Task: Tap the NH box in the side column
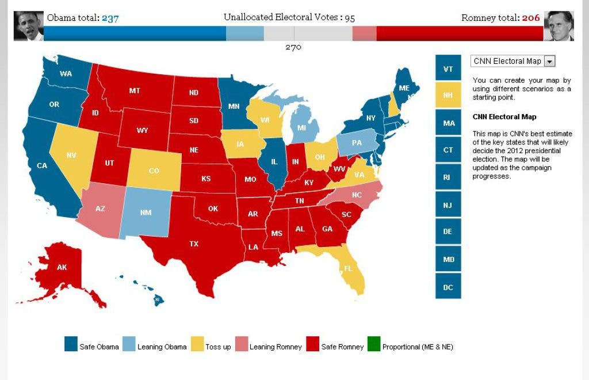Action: coord(448,95)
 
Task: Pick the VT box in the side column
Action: coord(448,68)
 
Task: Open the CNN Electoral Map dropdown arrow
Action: coord(549,61)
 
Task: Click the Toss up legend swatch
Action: coord(197,344)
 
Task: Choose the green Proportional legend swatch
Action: coord(374,344)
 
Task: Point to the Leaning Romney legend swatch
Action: coord(242,344)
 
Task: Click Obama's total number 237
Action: coord(110,18)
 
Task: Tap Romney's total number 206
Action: coord(531,18)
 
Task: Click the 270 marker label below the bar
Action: coord(293,47)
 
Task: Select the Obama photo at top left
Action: coord(29,25)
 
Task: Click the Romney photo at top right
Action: coord(559,25)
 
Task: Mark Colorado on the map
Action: coord(154,169)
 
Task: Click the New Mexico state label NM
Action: coord(146,212)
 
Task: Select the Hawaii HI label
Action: coord(158,299)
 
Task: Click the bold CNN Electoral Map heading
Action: coord(504,116)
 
